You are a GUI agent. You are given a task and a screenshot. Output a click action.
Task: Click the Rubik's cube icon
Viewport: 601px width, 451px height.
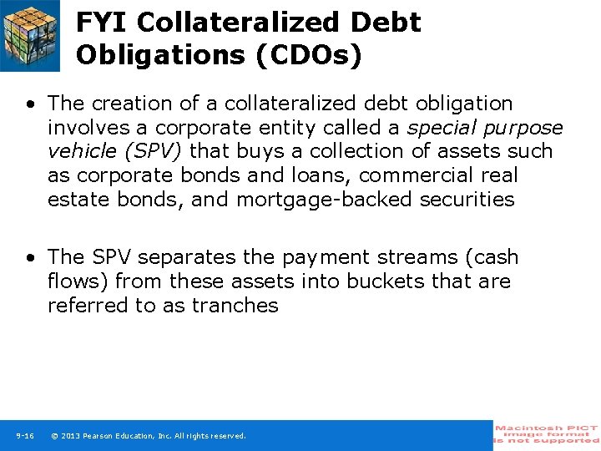30,35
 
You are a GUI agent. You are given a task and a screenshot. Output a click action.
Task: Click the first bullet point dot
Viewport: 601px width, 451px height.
30,104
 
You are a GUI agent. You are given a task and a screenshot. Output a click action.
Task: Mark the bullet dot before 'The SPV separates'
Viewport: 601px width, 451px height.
30,258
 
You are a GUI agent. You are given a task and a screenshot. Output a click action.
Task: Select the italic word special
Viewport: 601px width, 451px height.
446,128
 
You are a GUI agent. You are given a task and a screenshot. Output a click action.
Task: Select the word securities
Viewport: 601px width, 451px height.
468,200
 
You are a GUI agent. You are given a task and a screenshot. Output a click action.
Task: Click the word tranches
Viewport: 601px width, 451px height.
235,306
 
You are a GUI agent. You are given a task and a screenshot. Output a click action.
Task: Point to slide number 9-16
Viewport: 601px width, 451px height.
24,436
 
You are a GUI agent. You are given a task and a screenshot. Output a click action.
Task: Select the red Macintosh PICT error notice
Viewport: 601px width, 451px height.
546,434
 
